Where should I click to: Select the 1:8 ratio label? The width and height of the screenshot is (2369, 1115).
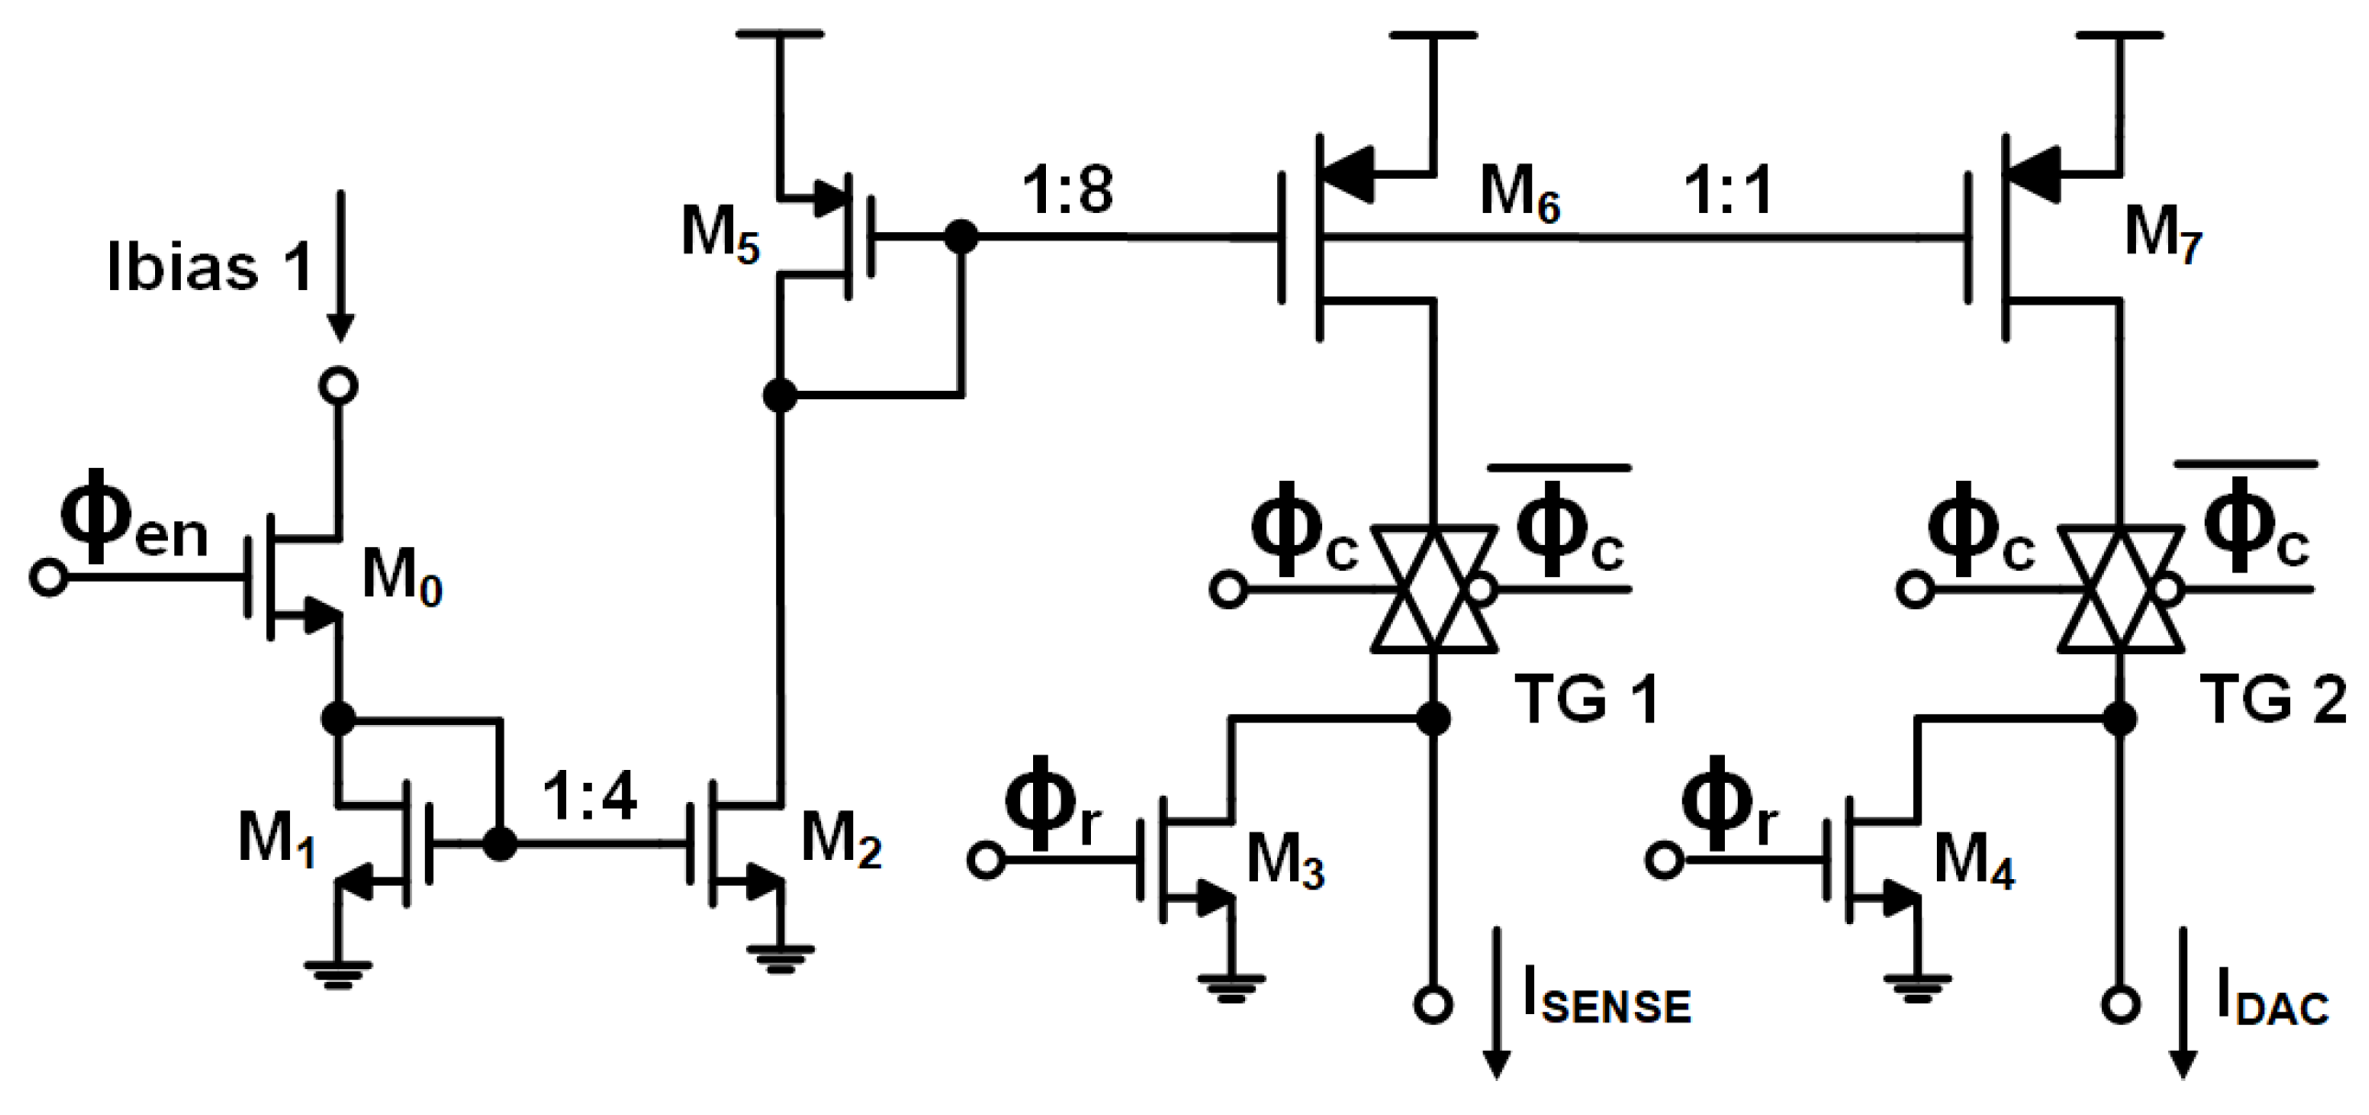pyautogui.click(x=1068, y=191)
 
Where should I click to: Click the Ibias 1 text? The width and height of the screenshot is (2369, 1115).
pyautogui.click(x=210, y=268)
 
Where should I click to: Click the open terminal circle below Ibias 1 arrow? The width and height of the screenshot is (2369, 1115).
pyautogui.click(x=339, y=385)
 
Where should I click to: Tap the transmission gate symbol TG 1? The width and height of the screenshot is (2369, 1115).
pyautogui.click(x=1432, y=590)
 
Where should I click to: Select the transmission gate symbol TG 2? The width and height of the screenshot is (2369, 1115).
pyautogui.click(x=2119, y=590)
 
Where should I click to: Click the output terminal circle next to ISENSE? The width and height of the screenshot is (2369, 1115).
pyautogui.click(x=1433, y=1005)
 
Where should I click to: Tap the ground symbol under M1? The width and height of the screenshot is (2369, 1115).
pyautogui.click(x=339, y=974)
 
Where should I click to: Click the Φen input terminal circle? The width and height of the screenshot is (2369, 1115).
pyautogui.click(x=48, y=578)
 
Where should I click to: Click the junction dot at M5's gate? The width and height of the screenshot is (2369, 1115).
pyautogui.click(x=962, y=238)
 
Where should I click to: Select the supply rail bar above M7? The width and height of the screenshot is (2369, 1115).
pyautogui.click(x=2119, y=35)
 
